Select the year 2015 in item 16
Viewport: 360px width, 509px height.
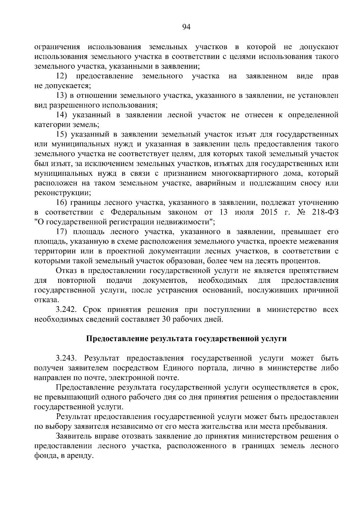(270, 212)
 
